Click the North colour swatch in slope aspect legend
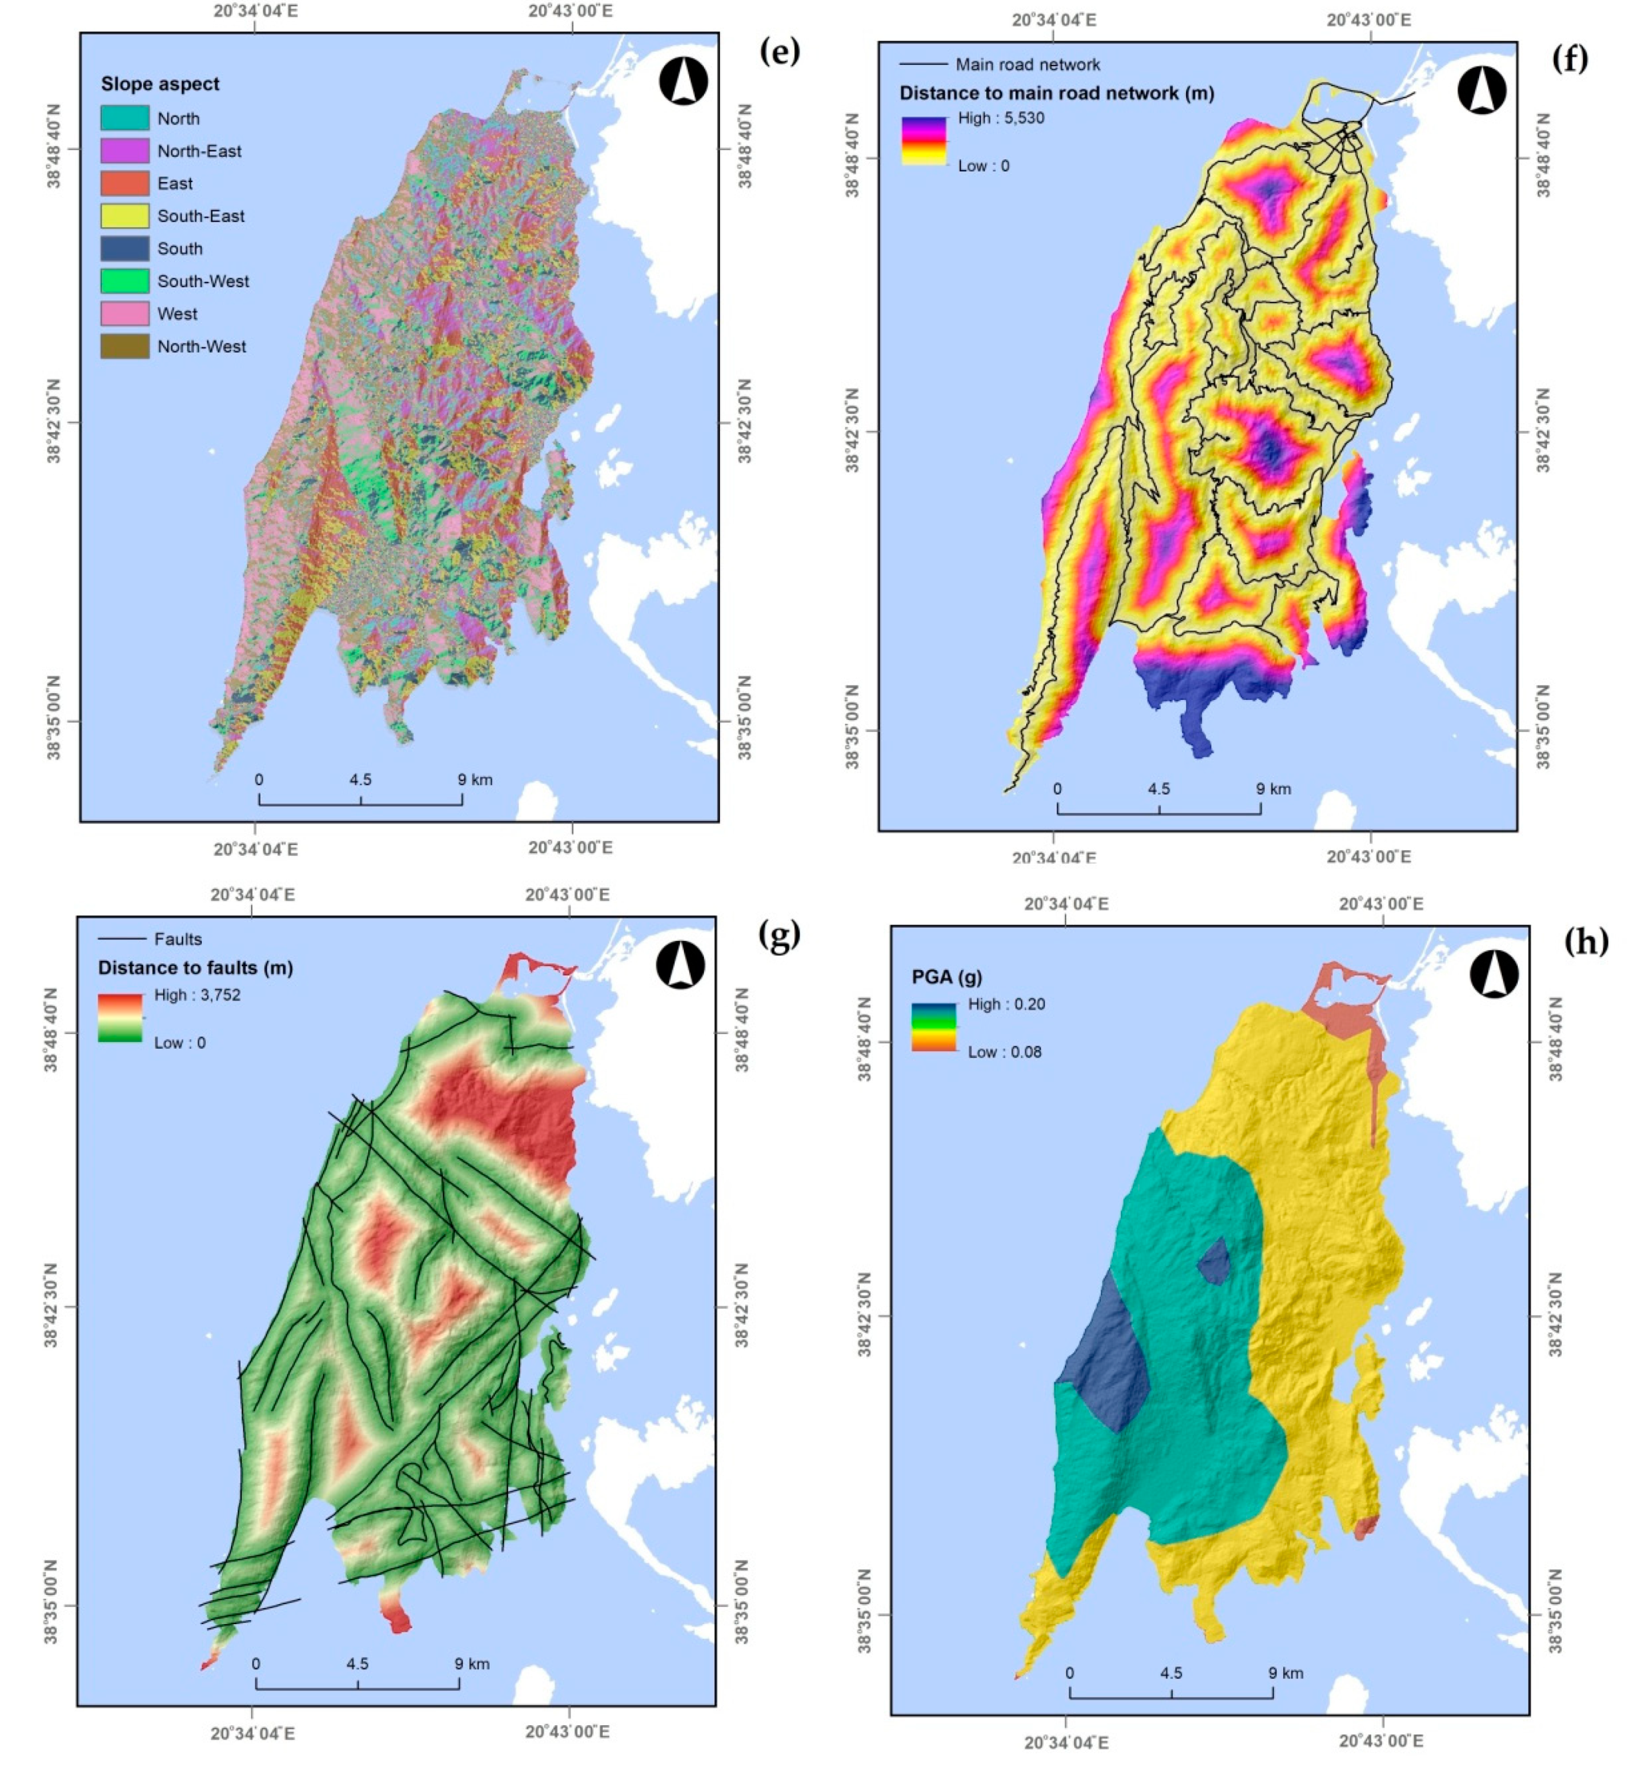pos(125,117)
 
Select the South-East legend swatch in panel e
pos(125,216)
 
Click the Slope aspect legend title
pos(160,84)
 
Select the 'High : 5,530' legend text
pos(1000,118)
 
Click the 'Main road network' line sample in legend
pos(923,64)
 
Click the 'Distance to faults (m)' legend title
pos(195,967)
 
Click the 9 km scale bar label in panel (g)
pos(472,1664)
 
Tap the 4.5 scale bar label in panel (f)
pos(1158,789)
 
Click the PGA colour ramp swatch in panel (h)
pos(933,1027)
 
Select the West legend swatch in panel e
pos(125,314)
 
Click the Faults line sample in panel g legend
pos(122,939)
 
